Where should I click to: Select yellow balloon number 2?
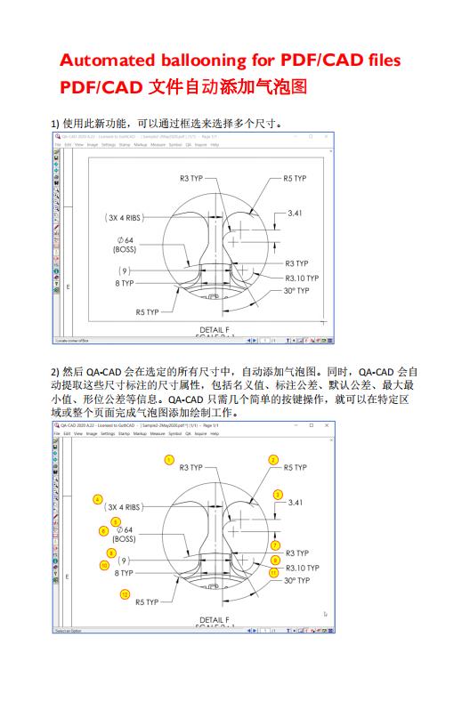point(272,459)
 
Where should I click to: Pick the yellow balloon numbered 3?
point(278,495)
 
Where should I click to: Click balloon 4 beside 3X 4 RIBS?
point(97,499)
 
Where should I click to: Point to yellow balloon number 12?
point(126,593)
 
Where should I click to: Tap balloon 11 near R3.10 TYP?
point(274,572)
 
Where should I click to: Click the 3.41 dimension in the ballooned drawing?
point(295,503)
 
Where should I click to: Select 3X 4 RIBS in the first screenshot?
point(124,216)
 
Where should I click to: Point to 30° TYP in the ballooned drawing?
point(296,580)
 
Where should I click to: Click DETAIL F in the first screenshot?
point(214,330)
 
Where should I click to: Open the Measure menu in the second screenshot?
point(158,434)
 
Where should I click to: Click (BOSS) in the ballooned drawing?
point(124,538)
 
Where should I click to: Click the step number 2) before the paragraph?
point(55,371)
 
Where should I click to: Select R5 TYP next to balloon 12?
point(147,602)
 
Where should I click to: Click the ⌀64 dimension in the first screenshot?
point(125,240)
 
